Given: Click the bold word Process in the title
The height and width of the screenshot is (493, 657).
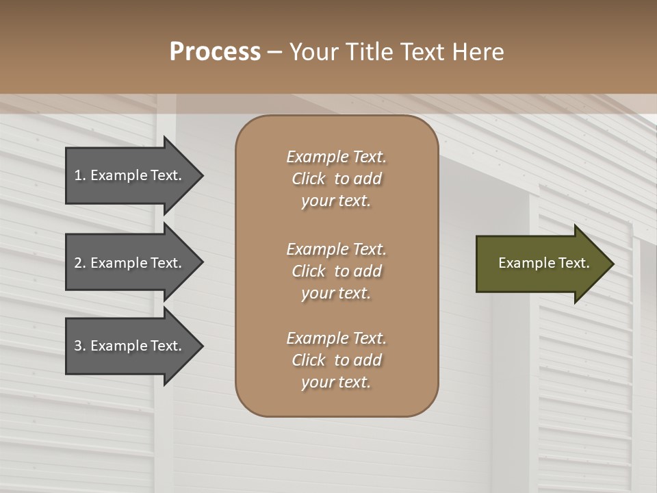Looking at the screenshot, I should point(215,52).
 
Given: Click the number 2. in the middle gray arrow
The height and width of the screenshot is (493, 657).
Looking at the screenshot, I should point(79,263).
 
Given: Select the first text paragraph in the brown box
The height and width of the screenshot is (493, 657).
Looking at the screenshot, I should point(336,179).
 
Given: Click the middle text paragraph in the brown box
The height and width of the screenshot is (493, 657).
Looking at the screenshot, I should point(336,270).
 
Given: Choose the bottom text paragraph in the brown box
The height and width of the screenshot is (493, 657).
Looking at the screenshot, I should point(336,360).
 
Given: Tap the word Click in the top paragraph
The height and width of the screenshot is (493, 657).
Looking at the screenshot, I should point(309,179).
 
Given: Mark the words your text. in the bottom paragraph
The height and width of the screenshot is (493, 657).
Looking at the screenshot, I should point(336,383).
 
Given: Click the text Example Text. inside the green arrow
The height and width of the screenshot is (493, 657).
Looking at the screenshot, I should point(543,263).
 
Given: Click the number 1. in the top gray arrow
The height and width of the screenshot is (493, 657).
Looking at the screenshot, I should point(79,175).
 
